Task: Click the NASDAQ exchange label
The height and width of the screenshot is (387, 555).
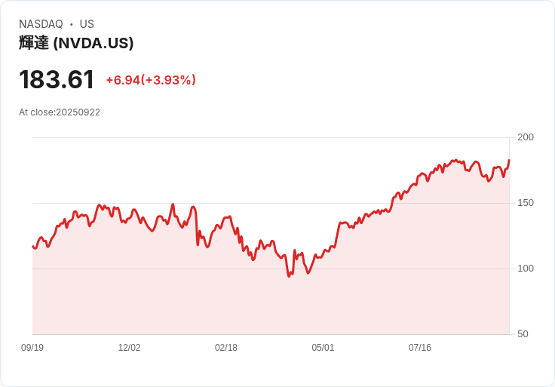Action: click(41, 24)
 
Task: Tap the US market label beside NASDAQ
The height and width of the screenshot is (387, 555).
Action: click(87, 24)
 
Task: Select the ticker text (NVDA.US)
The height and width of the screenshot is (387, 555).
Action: click(94, 43)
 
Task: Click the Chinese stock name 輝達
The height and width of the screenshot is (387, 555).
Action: click(34, 43)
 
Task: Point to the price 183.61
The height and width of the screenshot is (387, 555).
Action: click(57, 79)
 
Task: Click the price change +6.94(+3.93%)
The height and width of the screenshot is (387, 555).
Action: click(151, 80)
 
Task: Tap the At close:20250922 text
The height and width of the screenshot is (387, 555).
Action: click(60, 112)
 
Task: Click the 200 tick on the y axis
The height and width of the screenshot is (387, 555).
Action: click(526, 137)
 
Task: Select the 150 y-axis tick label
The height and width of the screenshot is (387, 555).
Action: click(526, 203)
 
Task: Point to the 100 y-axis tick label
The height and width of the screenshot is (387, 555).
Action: click(526, 269)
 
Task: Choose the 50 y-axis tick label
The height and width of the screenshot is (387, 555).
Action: click(523, 334)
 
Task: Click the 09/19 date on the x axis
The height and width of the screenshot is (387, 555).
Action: click(32, 348)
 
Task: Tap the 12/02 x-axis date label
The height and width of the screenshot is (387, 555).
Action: click(129, 348)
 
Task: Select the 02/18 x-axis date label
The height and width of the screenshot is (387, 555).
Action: click(226, 348)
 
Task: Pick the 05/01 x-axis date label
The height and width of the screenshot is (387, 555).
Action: click(323, 348)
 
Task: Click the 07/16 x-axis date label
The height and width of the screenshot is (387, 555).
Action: click(420, 348)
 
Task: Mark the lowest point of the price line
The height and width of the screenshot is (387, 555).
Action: click(289, 276)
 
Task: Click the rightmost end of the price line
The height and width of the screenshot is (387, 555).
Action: click(509, 160)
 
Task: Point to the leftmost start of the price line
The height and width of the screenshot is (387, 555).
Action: click(32, 246)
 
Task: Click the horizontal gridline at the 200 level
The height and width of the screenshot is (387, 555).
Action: click(271, 137)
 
